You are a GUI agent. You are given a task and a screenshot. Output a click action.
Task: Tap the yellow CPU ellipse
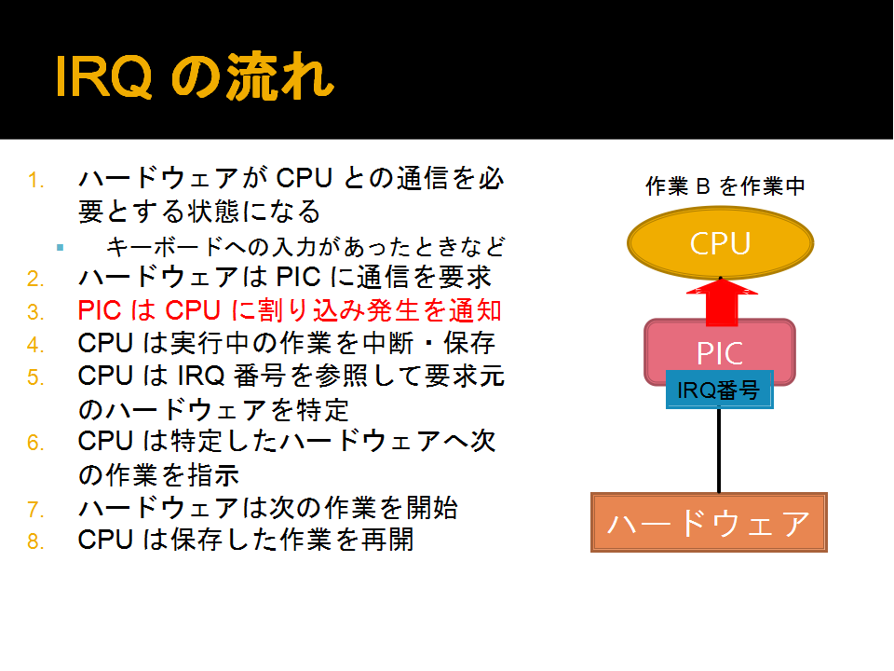click(720, 243)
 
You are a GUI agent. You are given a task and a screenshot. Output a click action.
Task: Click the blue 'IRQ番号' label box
click(720, 390)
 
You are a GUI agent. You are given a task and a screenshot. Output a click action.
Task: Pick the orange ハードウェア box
click(709, 523)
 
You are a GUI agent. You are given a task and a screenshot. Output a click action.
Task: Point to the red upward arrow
click(722, 302)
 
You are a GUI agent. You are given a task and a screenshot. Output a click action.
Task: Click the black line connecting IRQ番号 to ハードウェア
click(719, 451)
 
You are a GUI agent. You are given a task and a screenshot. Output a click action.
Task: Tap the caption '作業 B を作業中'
click(725, 186)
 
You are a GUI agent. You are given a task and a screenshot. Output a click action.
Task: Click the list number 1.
click(35, 181)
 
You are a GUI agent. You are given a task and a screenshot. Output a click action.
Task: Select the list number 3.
click(35, 312)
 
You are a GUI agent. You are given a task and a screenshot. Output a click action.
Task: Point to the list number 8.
click(35, 541)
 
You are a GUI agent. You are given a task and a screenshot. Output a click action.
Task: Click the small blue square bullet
click(60, 248)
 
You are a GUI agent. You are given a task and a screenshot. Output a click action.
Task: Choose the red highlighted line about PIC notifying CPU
click(290, 310)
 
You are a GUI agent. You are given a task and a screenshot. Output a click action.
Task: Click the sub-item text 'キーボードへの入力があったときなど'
click(305, 246)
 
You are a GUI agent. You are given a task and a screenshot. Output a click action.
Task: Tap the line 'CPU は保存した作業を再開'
click(246, 540)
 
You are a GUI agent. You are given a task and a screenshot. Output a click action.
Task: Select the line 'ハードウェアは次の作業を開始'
click(268, 507)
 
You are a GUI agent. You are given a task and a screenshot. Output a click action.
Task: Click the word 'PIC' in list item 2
click(298, 278)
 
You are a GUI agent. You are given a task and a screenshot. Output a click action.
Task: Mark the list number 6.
click(35, 443)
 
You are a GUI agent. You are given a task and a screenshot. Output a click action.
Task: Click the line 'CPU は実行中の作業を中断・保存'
click(286, 343)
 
